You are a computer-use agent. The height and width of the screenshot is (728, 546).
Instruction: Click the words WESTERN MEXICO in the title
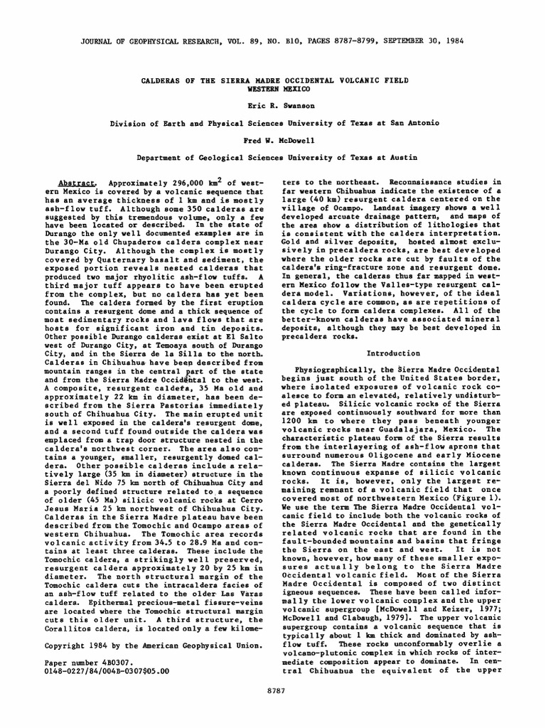coord(273,90)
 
